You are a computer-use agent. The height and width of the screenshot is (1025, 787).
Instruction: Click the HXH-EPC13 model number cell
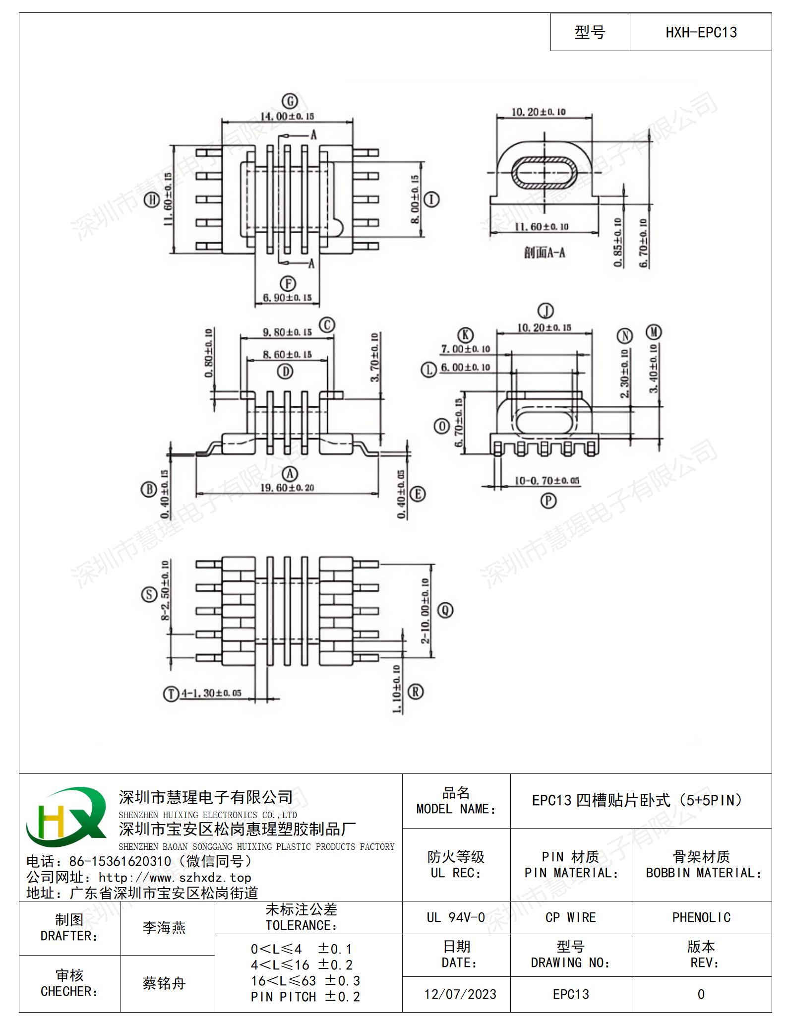pos(701,32)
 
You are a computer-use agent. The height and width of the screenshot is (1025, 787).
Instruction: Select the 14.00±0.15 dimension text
pos(287,116)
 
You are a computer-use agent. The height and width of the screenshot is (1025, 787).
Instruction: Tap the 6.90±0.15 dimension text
pos(287,298)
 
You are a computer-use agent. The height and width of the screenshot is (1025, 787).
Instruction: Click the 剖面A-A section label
pos(545,253)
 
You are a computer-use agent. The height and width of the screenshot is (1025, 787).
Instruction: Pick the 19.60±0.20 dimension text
pos(287,488)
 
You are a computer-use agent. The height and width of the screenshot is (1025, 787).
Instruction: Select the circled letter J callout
pos(545,311)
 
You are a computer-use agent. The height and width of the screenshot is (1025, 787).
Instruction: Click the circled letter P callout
pos(548,501)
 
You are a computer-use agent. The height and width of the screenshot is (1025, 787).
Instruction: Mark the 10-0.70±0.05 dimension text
pos(546,481)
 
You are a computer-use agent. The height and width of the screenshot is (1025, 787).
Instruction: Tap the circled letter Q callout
pos(445,610)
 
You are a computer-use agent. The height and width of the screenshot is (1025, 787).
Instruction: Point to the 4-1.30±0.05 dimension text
pos(211,693)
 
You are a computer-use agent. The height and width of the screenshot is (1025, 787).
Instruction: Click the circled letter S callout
pos(149,594)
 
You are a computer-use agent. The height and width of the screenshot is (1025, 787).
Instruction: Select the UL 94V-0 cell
pos(456,917)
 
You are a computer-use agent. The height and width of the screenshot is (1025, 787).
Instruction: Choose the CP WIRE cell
pos(571,917)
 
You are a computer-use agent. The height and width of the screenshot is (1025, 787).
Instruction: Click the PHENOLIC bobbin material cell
pos(701,917)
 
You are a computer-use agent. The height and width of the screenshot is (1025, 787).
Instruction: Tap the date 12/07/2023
pos(460,994)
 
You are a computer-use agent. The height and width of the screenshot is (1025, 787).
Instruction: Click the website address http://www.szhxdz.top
pos(175,877)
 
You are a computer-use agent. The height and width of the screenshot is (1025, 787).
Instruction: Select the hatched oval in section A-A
pos(545,172)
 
